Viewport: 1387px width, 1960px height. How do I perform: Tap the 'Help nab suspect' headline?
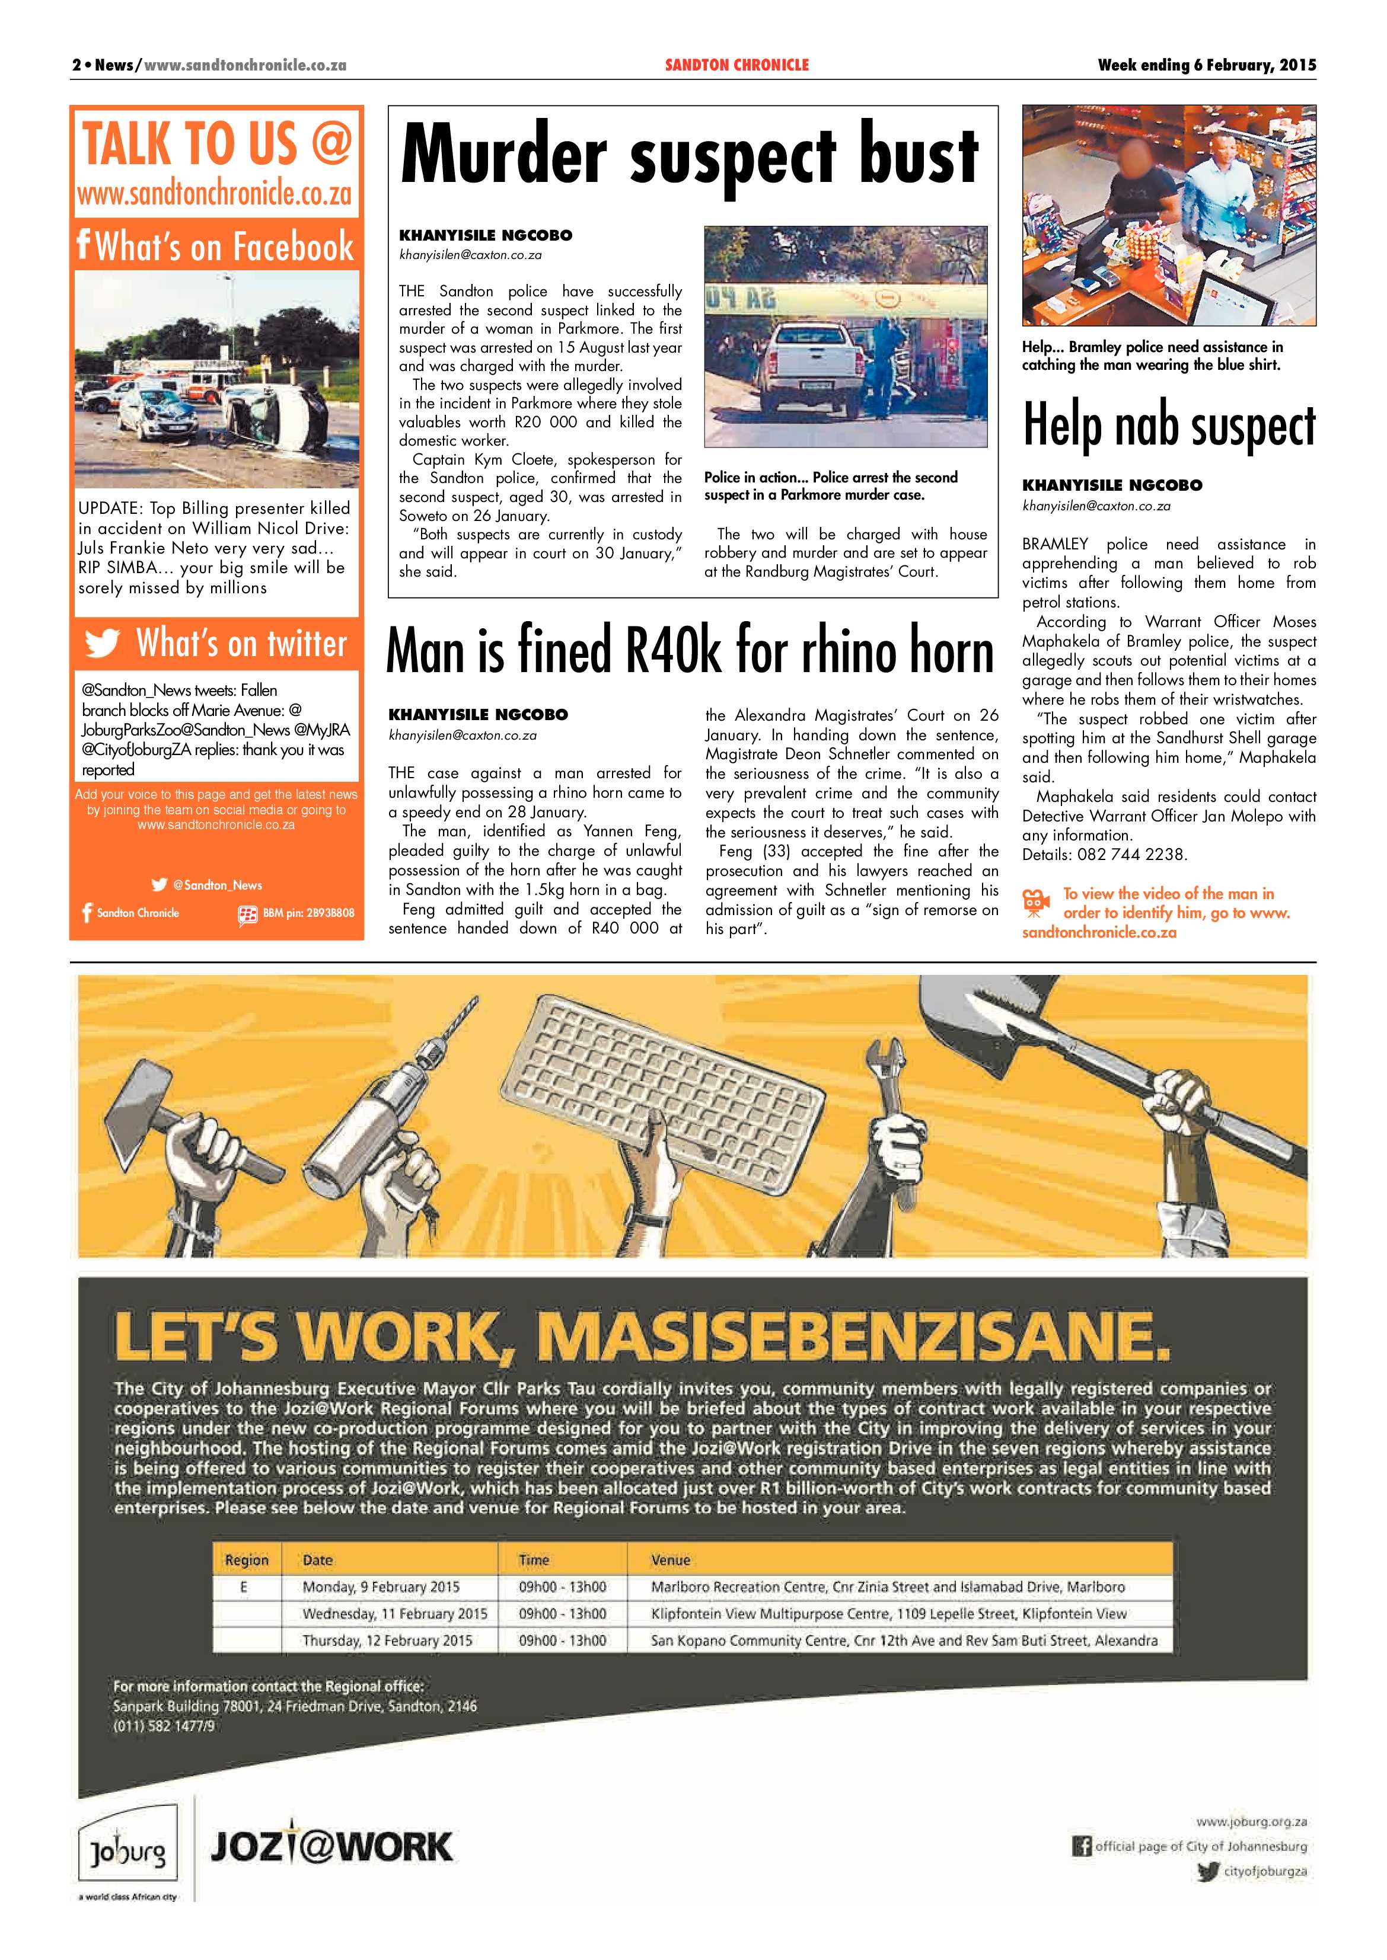pos(1168,425)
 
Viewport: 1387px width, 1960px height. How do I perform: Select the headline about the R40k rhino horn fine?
pos(690,651)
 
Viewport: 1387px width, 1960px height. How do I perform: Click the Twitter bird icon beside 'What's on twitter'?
pos(103,644)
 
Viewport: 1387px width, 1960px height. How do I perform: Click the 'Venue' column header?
pos(671,1559)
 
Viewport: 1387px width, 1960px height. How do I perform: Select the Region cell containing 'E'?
pos(244,1587)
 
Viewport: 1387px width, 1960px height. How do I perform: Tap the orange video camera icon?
pos(1035,901)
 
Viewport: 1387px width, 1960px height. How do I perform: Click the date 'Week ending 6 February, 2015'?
pos(1206,65)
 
